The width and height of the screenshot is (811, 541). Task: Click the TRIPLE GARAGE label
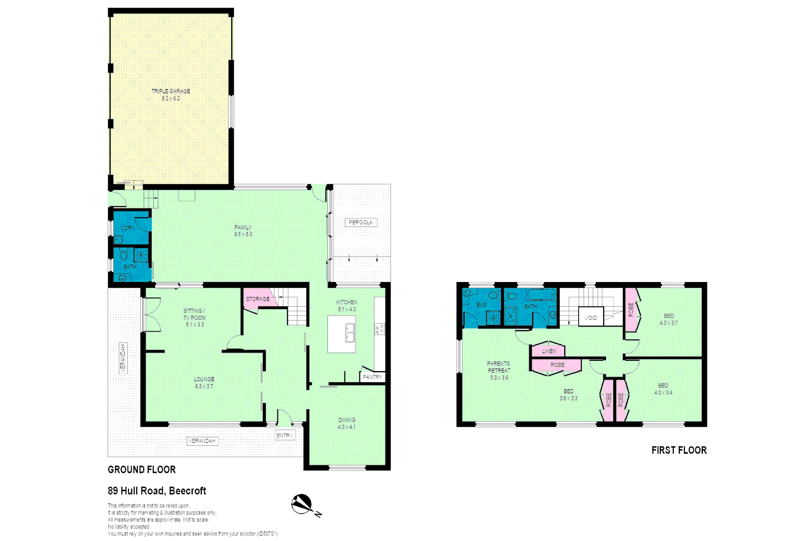(x=171, y=91)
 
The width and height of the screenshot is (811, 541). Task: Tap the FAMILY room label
(x=243, y=227)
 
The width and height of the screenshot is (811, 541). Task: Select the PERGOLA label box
(x=360, y=222)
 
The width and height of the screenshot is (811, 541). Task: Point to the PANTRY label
(x=372, y=377)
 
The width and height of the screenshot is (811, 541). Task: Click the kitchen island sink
(x=350, y=333)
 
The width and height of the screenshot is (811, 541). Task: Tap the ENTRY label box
(x=285, y=435)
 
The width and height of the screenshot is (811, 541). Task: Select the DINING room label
(x=346, y=420)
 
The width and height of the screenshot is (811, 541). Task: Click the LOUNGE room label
(x=204, y=379)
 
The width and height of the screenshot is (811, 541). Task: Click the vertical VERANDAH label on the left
(x=123, y=358)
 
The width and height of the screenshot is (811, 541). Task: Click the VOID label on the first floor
(x=591, y=318)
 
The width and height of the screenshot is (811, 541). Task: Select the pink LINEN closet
(x=549, y=351)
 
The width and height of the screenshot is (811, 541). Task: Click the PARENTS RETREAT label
(x=499, y=367)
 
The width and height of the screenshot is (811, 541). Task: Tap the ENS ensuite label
(x=482, y=305)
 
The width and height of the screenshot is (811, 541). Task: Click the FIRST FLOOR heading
(x=679, y=450)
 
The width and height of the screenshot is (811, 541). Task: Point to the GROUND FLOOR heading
(x=142, y=470)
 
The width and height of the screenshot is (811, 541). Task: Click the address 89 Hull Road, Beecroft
(x=157, y=491)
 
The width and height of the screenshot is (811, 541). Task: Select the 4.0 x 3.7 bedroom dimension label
(x=669, y=323)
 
